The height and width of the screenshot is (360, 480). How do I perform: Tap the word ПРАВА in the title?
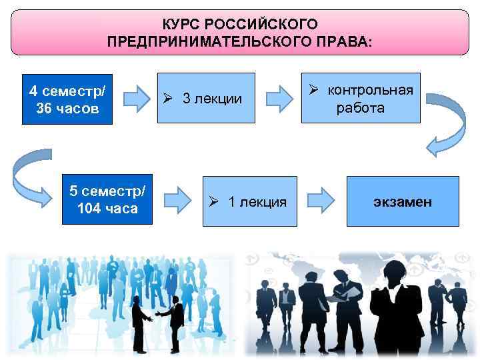(x=347, y=41)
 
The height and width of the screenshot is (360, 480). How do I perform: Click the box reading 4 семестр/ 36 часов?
(x=67, y=99)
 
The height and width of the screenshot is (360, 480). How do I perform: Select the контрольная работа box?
(x=361, y=98)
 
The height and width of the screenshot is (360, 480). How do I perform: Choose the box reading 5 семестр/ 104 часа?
(x=107, y=200)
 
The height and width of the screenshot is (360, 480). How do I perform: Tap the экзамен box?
(x=403, y=201)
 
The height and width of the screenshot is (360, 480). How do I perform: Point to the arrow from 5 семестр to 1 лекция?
(x=177, y=200)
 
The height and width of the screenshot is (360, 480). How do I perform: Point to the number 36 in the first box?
(x=44, y=108)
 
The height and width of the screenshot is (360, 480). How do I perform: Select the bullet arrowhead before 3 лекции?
(x=169, y=99)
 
